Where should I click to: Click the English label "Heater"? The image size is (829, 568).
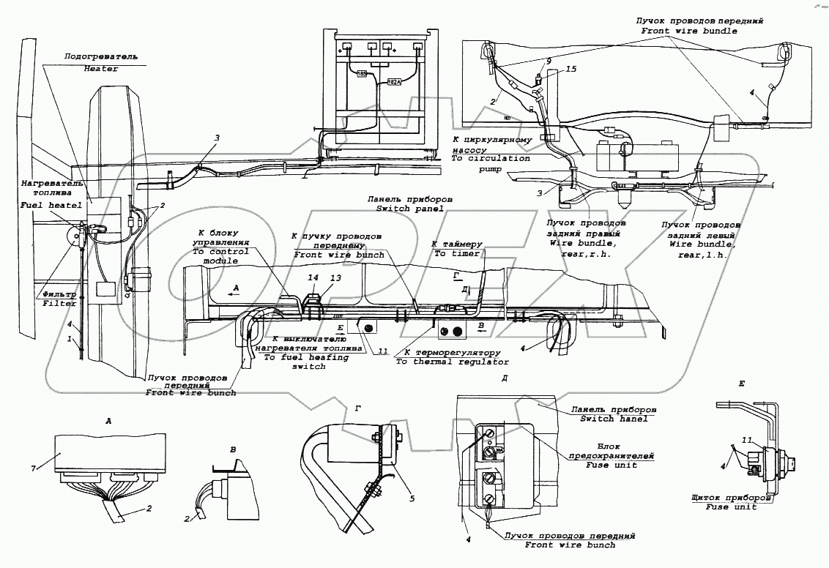tap(100, 68)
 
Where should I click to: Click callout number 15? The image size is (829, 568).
tap(571, 69)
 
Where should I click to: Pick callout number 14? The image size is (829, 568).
tap(313, 279)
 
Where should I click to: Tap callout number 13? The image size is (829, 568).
tap(336, 279)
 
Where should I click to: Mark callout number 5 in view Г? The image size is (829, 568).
tap(412, 498)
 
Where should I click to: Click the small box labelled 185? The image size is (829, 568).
tap(362, 74)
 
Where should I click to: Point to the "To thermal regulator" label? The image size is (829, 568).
tap(452, 362)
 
